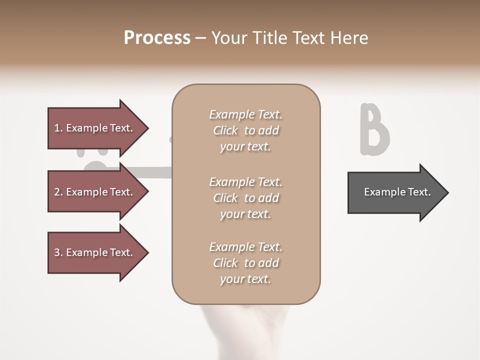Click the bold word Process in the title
[x=157, y=38]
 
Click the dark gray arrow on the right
[x=397, y=192]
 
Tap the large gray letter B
[x=374, y=130]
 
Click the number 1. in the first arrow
[x=58, y=128]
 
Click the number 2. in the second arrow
[x=58, y=192]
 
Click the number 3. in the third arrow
[x=58, y=252]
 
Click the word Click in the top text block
[x=225, y=130]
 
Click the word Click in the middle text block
[x=225, y=198]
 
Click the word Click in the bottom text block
[x=225, y=263]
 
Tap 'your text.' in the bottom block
[x=245, y=279]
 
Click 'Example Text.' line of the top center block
[x=245, y=114]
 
